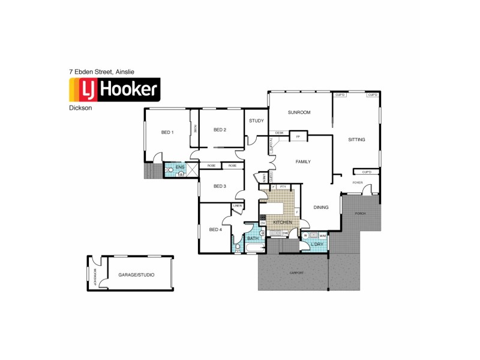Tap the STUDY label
[x=256, y=121]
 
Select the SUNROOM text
[x=298, y=112]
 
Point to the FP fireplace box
[x=298, y=137]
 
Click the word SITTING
[x=356, y=139]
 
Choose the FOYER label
[x=358, y=182]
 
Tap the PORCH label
[x=361, y=214]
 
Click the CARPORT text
[x=296, y=272]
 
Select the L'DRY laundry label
[x=317, y=244]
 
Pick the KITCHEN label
[x=282, y=223]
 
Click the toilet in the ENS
[x=170, y=170]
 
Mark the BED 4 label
[x=215, y=229]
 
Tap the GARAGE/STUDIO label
[x=136, y=274]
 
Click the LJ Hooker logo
[x=115, y=90]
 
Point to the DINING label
[x=321, y=208]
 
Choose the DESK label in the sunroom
[x=278, y=133]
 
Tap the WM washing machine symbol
[x=322, y=235]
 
